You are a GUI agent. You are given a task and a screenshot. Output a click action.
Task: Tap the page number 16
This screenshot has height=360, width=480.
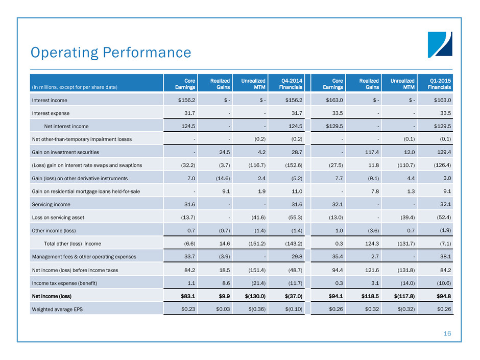[447, 333]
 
